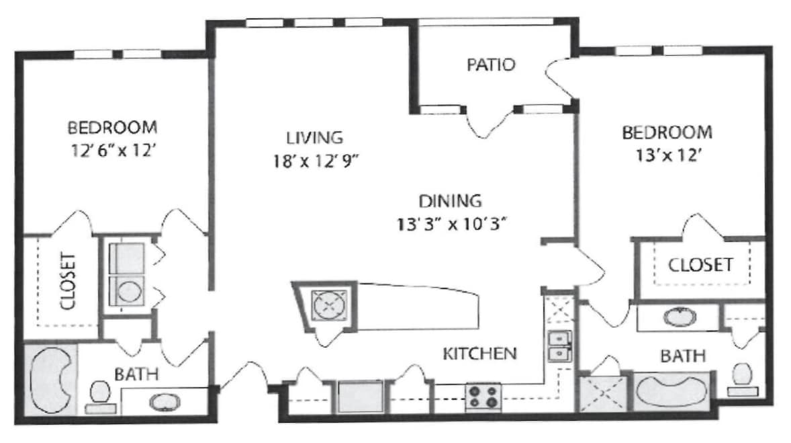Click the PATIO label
click(x=491, y=65)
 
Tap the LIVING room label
click(x=314, y=138)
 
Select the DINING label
click(x=450, y=200)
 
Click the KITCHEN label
click(x=479, y=353)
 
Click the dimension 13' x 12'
click(x=669, y=156)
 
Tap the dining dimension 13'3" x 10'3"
click(x=451, y=224)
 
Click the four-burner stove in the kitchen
click(x=483, y=397)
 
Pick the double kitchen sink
click(x=558, y=346)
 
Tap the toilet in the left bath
click(x=99, y=394)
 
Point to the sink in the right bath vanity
click(x=680, y=316)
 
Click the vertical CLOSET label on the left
click(x=68, y=281)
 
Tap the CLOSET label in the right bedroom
click(x=700, y=265)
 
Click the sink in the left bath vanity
click(x=164, y=403)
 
